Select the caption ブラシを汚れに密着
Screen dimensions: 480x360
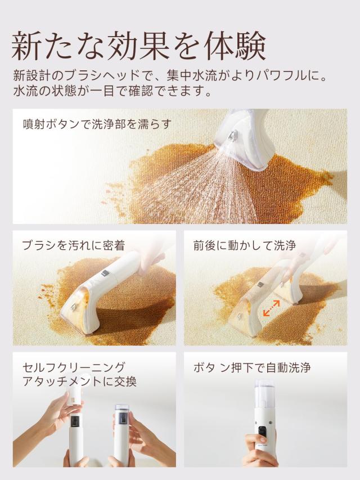[x=73, y=245]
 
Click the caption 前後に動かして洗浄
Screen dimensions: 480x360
[x=244, y=245]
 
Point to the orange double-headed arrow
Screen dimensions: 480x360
[x=272, y=308]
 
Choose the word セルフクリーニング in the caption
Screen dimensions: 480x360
[x=74, y=367]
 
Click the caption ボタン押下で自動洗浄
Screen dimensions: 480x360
[x=251, y=368]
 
